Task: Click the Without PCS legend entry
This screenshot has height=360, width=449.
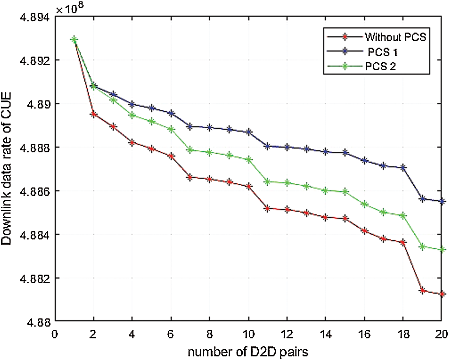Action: point(395,37)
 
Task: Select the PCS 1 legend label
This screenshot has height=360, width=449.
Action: point(383,52)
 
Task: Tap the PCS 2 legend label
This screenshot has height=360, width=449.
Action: point(380,67)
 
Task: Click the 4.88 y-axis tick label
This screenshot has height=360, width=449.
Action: point(38,322)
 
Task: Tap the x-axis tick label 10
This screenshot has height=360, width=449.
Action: point(248,334)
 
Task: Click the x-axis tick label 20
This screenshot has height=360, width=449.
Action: point(441,334)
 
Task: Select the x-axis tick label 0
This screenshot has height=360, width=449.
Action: point(55,334)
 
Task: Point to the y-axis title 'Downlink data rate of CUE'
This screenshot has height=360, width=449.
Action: point(7,169)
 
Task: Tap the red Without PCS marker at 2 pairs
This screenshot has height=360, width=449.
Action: point(94,114)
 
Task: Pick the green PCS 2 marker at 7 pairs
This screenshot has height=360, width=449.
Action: point(190,150)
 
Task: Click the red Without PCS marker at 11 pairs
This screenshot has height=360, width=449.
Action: point(267,209)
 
